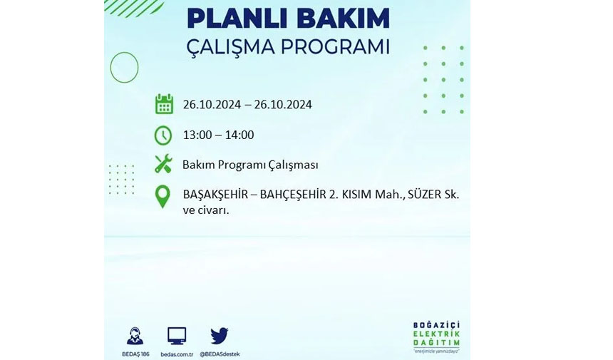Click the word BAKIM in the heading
tap(340, 18)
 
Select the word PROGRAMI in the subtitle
tap(336, 47)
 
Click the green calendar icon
tap(164, 104)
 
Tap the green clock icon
tap(163, 135)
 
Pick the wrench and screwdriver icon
tap(163, 164)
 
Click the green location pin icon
tap(163, 197)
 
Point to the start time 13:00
tap(197, 135)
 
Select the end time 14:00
tap(239, 135)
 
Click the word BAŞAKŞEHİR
tap(215, 195)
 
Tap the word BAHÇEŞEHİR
tap(293, 195)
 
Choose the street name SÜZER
tap(424, 195)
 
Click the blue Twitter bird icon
tap(220, 336)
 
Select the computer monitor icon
tap(177, 336)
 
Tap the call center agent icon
tap(135, 336)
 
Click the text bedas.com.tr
tap(177, 354)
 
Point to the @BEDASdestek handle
tap(220, 354)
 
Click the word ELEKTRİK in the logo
tap(436, 334)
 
